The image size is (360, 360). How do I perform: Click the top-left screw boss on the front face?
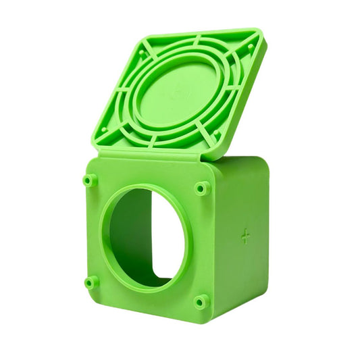(90, 180)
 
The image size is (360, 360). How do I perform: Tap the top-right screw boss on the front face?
(202, 188)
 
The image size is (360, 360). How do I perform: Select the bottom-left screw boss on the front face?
(91, 282)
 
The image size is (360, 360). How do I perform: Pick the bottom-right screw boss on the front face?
(201, 301)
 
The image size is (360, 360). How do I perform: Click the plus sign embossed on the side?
(245, 236)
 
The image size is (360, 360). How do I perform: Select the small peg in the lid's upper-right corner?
(250, 47)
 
